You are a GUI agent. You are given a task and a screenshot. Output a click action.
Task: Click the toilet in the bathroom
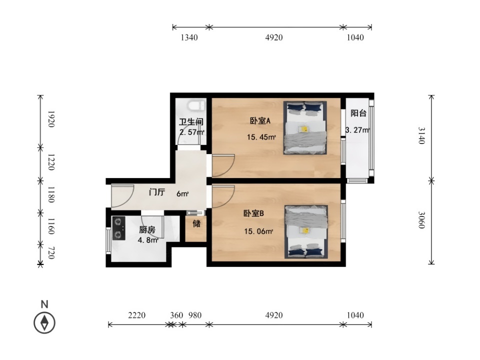pos(196,106)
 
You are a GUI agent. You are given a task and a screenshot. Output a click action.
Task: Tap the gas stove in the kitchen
pos(118,228)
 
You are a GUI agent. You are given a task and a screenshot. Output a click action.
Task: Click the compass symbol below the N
pos(44,322)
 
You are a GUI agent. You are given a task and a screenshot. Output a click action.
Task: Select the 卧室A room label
pos(260,121)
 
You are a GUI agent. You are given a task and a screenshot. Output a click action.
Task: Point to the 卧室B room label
pos(253,213)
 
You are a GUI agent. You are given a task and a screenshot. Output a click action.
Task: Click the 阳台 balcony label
pos(358,113)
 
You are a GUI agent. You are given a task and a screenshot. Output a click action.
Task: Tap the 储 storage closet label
pos(196,224)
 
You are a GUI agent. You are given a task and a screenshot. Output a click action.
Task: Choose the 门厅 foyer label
pos(156,192)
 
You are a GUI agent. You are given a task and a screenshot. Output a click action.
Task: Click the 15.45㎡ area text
pos(261,137)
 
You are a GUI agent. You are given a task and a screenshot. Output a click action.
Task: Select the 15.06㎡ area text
pos(258,231)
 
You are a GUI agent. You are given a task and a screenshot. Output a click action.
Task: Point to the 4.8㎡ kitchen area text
pos(148,240)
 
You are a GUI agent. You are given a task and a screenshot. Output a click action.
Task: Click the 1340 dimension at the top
pos(189,37)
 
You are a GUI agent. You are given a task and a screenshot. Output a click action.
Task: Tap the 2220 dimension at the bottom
pos(136,315)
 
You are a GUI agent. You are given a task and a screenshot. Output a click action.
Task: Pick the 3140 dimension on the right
pos(422,135)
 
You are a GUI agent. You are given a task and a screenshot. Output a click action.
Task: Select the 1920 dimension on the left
pos(51,119)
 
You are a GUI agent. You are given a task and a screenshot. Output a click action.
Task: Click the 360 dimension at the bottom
pos(176,315)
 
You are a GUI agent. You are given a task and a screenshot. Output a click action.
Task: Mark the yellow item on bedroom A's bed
pos(304,129)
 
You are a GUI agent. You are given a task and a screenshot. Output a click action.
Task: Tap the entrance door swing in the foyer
pos(123,196)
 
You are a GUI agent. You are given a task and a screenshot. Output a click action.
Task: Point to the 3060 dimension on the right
pos(422,220)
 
